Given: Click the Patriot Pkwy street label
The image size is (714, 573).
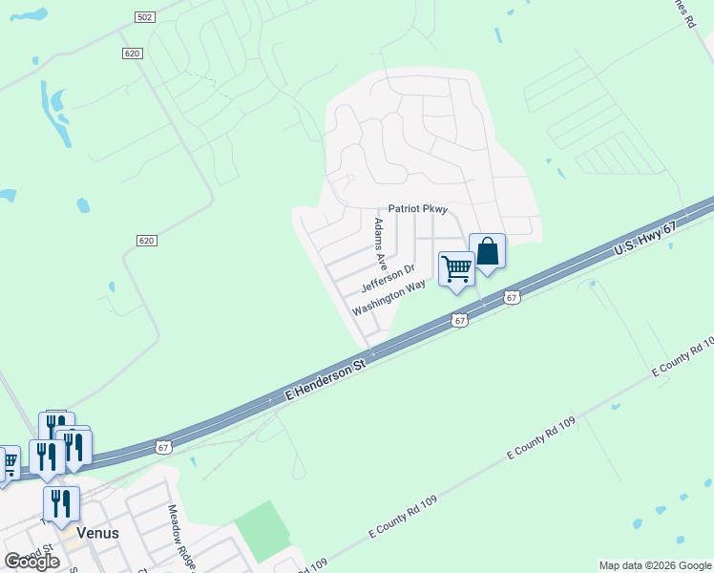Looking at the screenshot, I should [417, 209].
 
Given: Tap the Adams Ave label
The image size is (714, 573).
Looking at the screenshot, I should [380, 243].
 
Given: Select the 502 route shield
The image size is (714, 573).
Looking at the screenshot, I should [144, 18].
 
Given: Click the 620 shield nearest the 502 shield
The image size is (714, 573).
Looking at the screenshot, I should [132, 53].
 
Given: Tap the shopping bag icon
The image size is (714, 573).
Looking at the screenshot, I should [487, 252].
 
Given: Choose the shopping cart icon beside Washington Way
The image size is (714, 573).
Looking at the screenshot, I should [456, 269].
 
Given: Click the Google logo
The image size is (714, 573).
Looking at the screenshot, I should [32, 561].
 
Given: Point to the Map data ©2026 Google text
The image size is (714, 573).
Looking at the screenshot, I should [654, 565].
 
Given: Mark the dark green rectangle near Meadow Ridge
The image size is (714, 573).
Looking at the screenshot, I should [263, 531].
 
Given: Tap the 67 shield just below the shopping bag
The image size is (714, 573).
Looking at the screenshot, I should [513, 298].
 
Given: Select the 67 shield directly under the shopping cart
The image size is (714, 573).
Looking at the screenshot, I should [460, 321].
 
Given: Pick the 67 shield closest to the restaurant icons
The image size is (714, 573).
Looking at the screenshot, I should [164, 446].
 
